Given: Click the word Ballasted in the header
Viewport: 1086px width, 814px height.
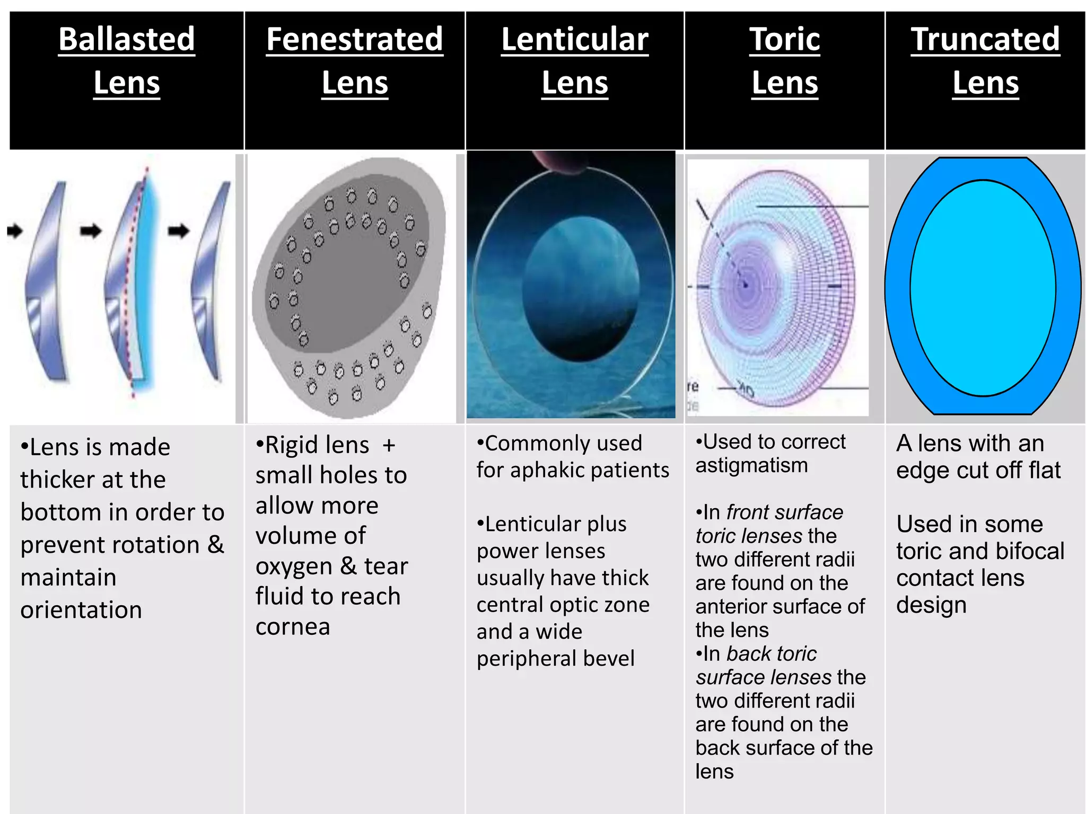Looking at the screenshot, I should (127, 39).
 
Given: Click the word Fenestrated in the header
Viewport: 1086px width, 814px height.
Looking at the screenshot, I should (354, 39).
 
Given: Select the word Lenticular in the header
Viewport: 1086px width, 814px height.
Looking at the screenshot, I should (575, 39).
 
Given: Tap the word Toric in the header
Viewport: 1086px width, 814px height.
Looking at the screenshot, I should (785, 39).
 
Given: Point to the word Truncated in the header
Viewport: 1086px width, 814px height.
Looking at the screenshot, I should (985, 39).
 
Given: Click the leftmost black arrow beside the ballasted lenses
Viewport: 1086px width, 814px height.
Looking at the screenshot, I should (15, 231).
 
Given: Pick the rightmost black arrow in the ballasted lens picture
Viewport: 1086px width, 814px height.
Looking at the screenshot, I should (179, 231).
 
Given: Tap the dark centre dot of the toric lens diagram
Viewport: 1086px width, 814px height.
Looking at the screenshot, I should (746, 285).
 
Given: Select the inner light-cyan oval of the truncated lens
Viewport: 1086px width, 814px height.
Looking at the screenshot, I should (983, 288).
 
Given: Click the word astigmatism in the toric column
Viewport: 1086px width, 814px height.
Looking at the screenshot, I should (751, 465).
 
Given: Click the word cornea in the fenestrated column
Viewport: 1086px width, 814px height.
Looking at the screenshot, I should (293, 626).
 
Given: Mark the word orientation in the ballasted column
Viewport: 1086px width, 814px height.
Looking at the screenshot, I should (81, 610).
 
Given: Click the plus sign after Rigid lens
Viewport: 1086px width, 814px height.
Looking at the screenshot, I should (389, 445).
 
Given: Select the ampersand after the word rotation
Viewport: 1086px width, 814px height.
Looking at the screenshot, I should (215, 544).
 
